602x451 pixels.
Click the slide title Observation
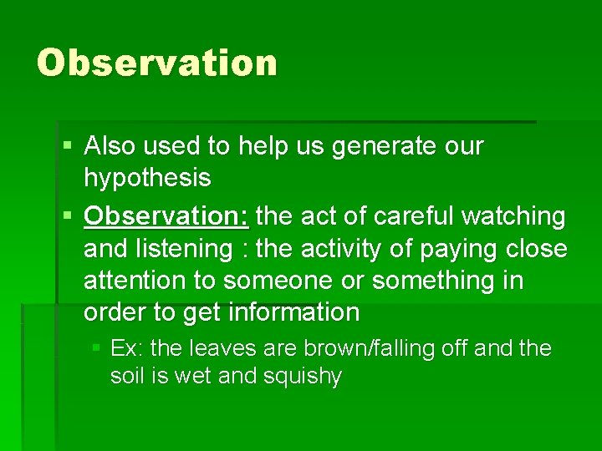pos(156,63)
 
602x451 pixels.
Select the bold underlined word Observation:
pos(166,217)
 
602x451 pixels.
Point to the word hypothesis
pos(147,178)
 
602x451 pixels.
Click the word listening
pos(186,249)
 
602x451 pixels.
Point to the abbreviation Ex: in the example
pos(126,347)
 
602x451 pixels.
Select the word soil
pos(127,377)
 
